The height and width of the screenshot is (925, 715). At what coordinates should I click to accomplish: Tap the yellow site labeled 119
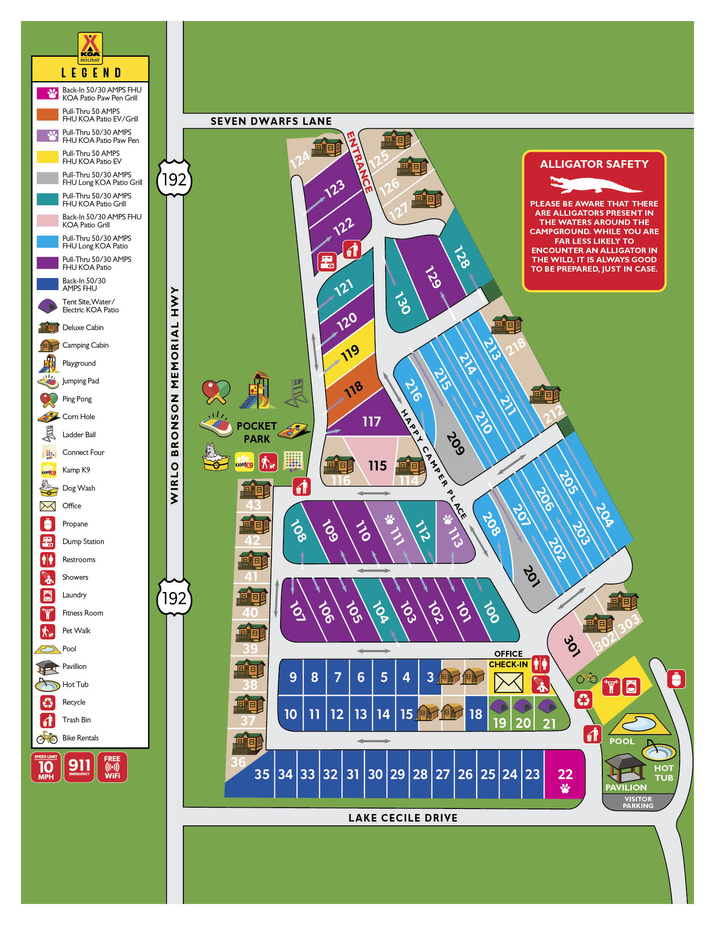tap(350, 353)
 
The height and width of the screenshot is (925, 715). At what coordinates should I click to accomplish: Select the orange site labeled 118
tap(353, 389)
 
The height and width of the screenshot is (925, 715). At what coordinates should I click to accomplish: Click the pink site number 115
tap(377, 466)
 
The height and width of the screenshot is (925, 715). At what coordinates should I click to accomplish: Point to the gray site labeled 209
tap(455, 444)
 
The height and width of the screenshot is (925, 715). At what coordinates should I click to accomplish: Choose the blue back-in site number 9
tap(293, 677)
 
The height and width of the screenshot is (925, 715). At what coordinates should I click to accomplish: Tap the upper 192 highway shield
tap(174, 180)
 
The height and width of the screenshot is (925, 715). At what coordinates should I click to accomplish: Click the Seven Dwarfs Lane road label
tap(271, 121)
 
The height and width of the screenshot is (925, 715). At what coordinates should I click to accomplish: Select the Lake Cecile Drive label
tap(403, 818)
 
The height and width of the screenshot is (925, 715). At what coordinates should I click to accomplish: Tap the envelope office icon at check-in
tap(508, 682)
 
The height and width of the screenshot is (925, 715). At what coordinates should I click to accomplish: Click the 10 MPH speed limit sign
tap(46, 767)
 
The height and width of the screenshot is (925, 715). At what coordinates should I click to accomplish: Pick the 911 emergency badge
tap(79, 767)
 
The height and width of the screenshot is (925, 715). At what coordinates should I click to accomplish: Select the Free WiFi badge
tap(112, 767)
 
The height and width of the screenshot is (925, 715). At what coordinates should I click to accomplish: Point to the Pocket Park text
tap(256, 432)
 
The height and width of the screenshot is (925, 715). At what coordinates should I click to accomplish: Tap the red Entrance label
tap(360, 163)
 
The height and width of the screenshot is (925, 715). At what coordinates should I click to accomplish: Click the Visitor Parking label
tap(638, 802)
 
